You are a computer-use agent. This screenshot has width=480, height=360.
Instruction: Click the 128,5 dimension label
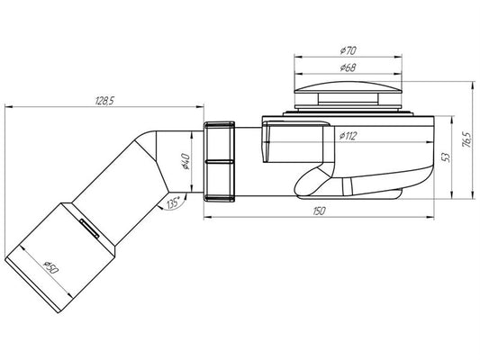(104, 101)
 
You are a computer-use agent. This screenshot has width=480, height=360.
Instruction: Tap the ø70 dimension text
(348, 50)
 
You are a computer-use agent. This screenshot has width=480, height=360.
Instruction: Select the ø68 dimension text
(348, 67)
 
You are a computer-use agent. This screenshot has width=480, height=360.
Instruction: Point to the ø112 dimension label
(348, 136)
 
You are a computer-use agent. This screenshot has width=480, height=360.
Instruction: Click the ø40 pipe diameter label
(186, 161)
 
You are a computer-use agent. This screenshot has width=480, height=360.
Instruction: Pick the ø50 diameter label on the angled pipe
(51, 267)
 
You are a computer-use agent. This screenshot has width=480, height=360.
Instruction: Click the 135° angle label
(173, 202)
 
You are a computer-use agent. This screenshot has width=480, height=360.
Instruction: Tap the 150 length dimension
(320, 211)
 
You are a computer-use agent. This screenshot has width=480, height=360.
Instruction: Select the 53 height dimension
(446, 157)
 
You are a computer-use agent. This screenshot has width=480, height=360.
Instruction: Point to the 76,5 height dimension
(467, 139)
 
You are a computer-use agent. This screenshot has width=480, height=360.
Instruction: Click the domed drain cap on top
(348, 86)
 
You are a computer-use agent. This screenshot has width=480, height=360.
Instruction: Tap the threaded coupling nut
(219, 161)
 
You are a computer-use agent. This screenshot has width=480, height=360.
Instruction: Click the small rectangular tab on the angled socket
(89, 228)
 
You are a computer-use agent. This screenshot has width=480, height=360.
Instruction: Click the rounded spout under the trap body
(312, 182)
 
